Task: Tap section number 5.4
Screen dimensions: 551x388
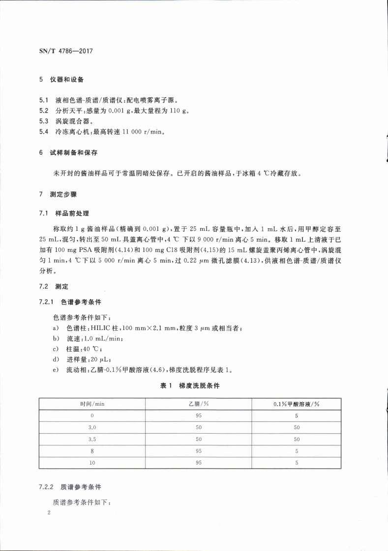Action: [44, 132]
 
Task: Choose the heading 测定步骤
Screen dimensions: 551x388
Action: [64, 194]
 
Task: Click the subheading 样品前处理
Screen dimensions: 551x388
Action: [71, 214]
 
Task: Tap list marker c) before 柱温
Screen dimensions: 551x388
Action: [56, 349]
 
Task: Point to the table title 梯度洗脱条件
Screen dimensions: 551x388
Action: [199, 386]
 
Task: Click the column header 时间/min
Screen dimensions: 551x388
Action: [92, 404]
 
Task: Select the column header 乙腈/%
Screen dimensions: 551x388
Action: [199, 404]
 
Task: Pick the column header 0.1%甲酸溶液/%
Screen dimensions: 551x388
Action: [297, 404]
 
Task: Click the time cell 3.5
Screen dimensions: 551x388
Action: [92, 439]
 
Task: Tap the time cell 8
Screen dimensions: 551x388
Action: [92, 451]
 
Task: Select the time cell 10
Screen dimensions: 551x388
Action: [92, 463]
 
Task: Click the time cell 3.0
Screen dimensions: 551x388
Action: [92, 427]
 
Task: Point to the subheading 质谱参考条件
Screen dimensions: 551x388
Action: [81, 488]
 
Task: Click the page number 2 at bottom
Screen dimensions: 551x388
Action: [49, 513]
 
